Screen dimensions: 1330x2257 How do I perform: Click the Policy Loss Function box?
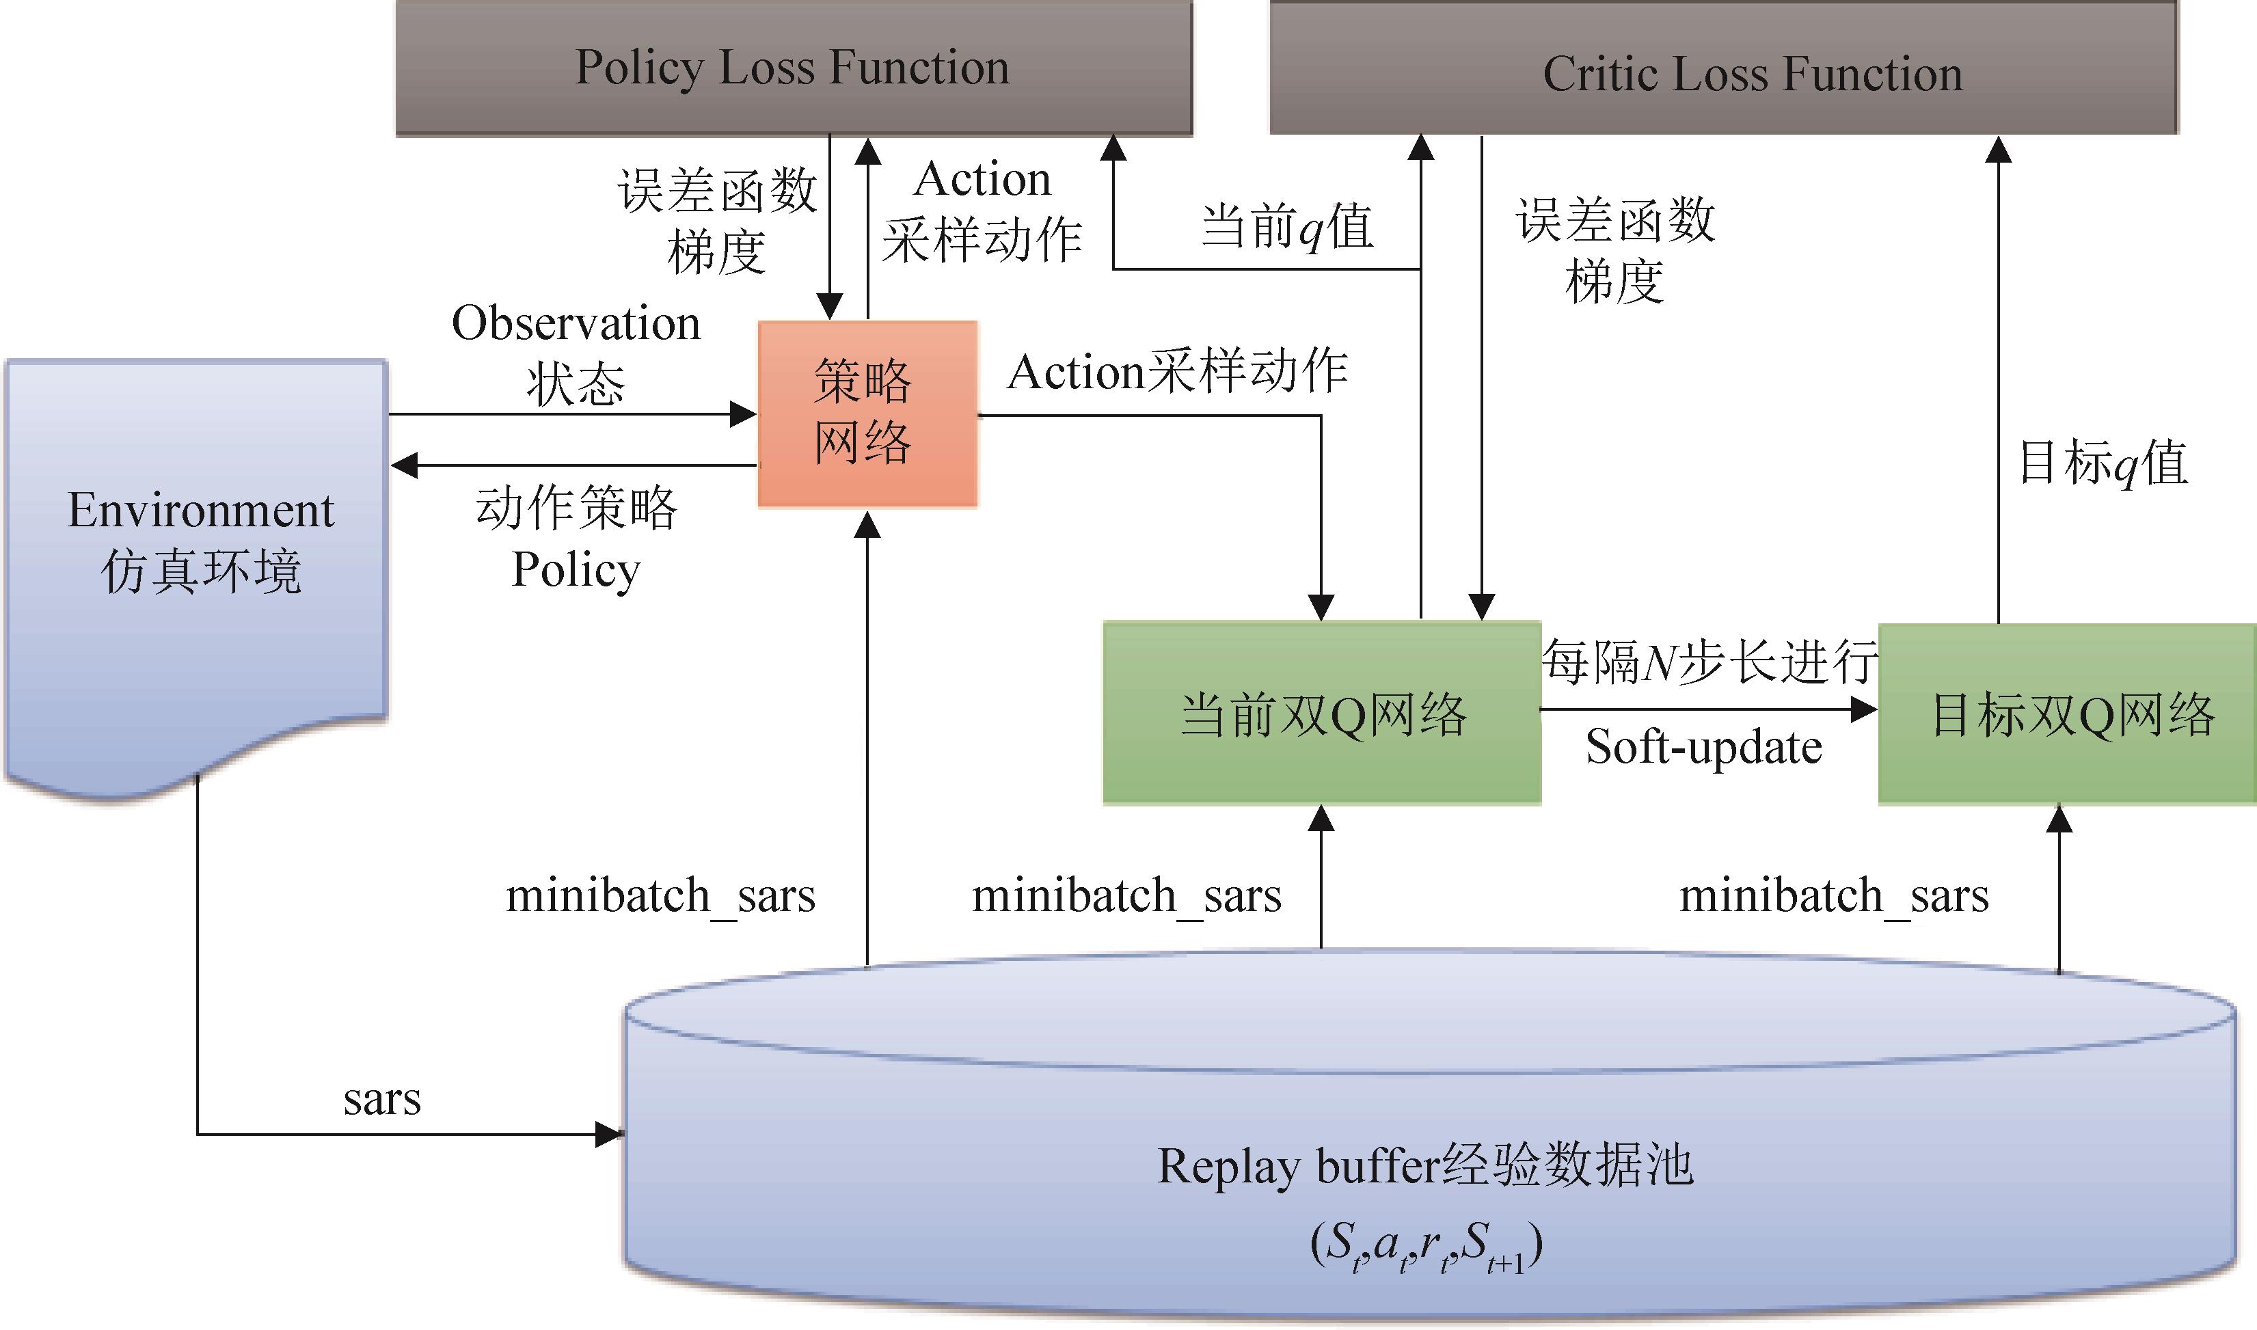794,68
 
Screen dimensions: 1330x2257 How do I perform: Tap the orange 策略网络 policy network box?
867,414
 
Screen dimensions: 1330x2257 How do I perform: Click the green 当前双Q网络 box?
1321,714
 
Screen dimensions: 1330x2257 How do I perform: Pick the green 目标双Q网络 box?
2066,714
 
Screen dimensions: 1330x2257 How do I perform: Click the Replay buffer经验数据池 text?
1425,1166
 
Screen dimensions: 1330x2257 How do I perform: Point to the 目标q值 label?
2103,464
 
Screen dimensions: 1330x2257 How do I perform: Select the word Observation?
576,323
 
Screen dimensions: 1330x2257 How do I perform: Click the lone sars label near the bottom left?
382,1099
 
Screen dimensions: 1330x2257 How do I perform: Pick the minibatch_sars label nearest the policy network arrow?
660,895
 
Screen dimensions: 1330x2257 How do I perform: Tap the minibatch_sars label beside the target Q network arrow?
1833,895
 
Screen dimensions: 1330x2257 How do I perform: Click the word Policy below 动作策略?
576,570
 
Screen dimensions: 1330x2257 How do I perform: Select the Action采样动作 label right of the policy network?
1177,371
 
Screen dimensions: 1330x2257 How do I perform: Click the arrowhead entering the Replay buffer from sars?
610,1135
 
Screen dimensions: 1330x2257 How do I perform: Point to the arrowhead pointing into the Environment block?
405,465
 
